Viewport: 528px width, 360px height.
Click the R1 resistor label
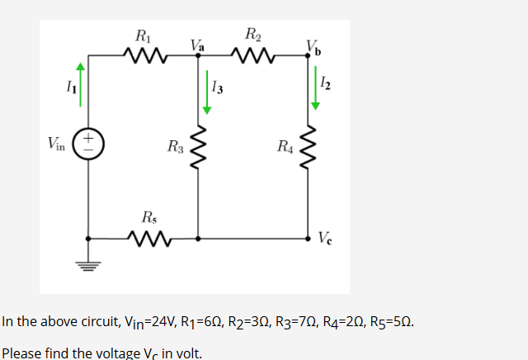(x=143, y=36)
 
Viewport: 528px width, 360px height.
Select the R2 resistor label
(x=253, y=35)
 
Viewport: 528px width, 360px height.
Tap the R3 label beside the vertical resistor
(x=175, y=148)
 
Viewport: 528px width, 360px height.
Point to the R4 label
(x=285, y=148)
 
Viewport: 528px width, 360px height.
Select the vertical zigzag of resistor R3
(x=198, y=147)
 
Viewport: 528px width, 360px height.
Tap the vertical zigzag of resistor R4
(x=311, y=147)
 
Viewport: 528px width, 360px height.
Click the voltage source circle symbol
(x=87, y=143)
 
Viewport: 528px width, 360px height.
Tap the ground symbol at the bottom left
(x=87, y=266)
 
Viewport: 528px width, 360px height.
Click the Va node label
(x=197, y=44)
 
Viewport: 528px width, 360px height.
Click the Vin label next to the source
(x=59, y=144)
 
